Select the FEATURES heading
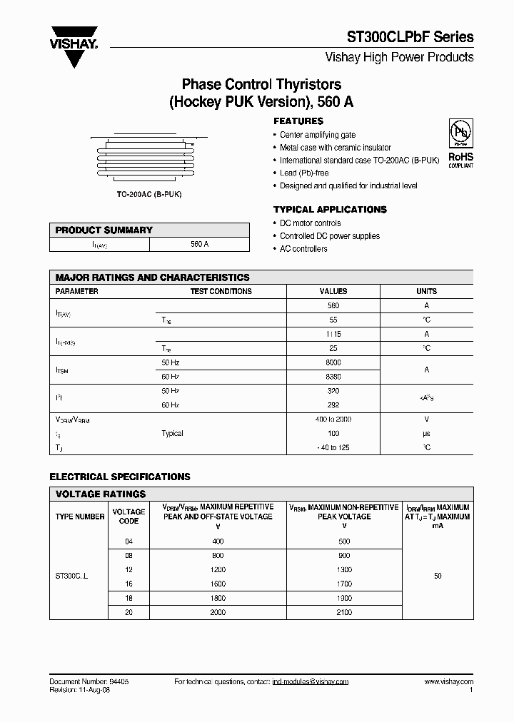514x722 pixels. (298, 121)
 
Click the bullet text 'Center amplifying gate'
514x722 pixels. (317, 135)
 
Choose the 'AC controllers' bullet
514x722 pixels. (303, 249)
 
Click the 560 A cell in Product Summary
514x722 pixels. (200, 244)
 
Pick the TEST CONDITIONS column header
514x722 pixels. (221, 291)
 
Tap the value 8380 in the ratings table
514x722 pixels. (333, 376)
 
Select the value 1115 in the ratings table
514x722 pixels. (333, 334)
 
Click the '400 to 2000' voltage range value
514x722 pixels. (333, 420)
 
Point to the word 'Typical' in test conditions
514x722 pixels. (173, 433)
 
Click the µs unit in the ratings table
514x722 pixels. (426, 433)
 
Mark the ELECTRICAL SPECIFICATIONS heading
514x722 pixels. (120, 477)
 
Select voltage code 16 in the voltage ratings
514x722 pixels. (129, 583)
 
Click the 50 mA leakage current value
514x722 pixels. (438, 575)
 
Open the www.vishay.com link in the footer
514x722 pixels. (451, 682)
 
